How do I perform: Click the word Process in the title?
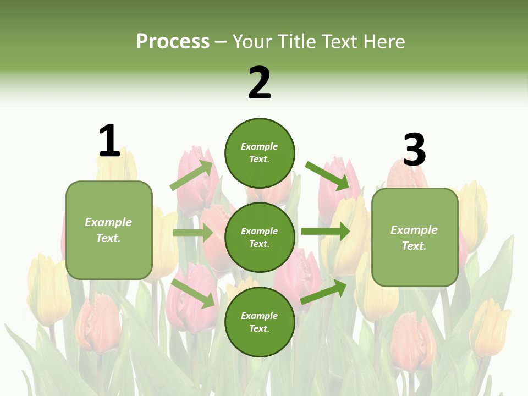173,41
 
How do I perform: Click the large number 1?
109,141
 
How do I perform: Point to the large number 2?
260,83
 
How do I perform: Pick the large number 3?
414,150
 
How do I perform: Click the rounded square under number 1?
109,230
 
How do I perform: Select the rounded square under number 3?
415,237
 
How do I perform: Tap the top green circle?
260,152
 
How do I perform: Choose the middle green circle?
260,237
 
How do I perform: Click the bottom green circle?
260,322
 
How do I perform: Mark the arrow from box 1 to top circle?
191,175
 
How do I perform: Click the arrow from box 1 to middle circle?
193,233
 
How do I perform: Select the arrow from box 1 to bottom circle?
193,293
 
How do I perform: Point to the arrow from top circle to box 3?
328,175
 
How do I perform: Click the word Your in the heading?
253,41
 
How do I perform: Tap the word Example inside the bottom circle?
260,316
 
